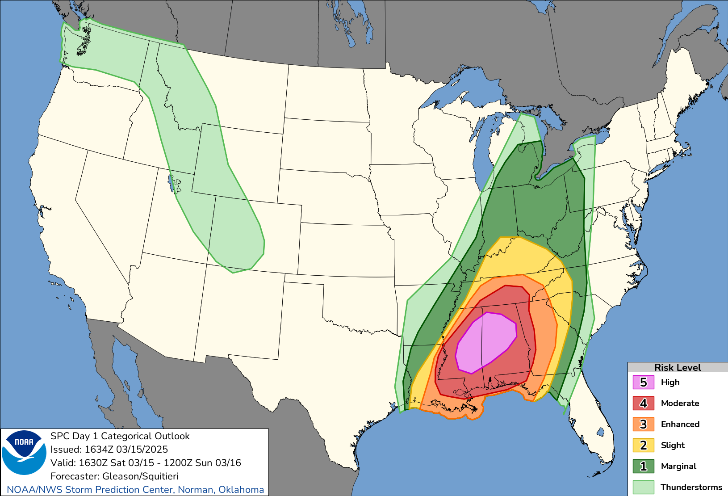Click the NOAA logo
click(24, 452)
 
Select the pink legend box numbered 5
click(643, 383)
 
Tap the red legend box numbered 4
click(643, 403)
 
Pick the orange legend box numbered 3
click(643, 424)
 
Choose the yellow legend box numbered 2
click(643, 445)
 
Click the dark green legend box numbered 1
click(643, 466)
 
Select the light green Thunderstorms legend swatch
click(643, 487)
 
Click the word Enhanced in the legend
click(680, 424)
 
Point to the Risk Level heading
click(677, 367)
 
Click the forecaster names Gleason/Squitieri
click(140, 476)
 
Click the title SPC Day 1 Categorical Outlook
click(120, 436)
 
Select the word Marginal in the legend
click(678, 466)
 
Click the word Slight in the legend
click(673, 445)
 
